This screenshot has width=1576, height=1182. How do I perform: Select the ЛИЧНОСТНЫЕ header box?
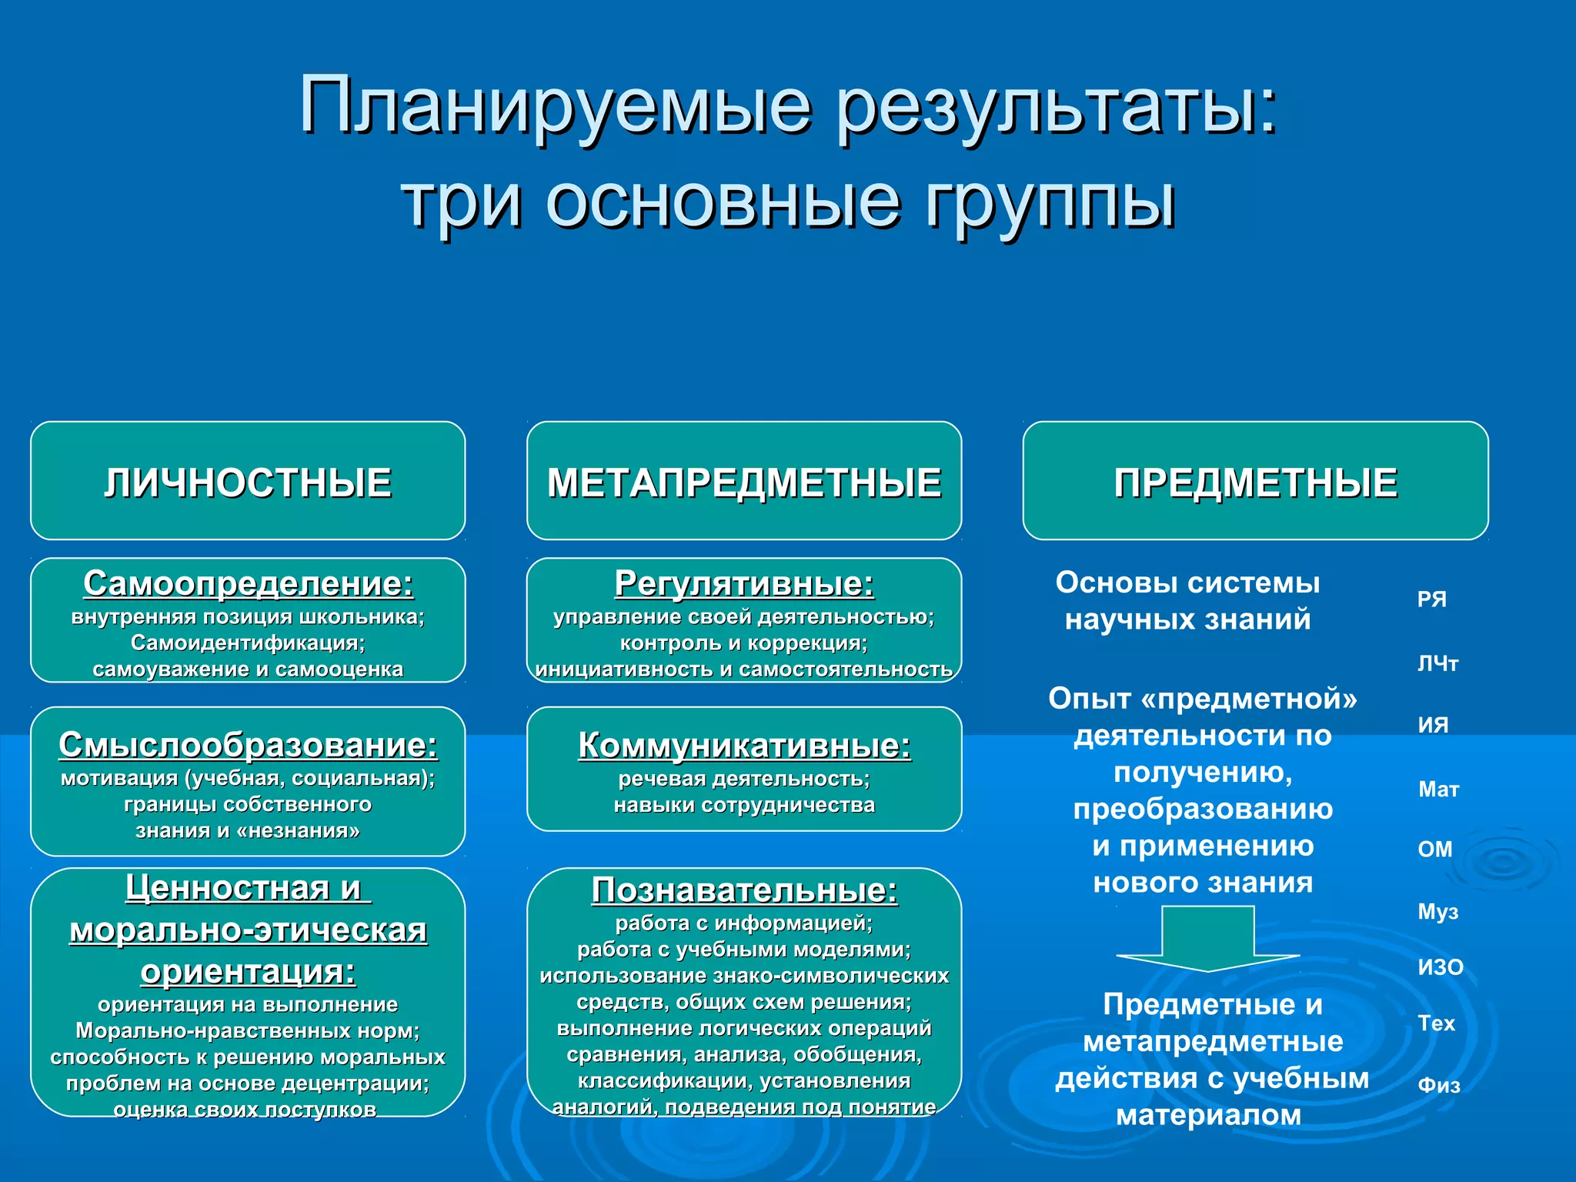pos(248,482)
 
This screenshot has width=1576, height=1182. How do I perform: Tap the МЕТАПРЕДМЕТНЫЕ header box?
pos(744,482)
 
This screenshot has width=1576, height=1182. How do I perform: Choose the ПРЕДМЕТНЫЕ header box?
pos(1255,482)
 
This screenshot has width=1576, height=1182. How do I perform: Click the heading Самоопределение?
pos(248,583)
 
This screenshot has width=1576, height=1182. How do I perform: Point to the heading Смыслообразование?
pos(248,744)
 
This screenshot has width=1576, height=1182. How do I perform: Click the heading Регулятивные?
pos(744,583)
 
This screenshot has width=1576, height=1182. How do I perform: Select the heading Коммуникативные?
pos(744,745)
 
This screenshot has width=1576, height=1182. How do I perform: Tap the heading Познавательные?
pos(744,890)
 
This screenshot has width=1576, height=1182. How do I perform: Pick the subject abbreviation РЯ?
pos(1431,599)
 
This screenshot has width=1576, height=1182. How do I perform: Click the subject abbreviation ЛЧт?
pos(1437,663)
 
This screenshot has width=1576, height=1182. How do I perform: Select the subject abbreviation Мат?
pos(1438,790)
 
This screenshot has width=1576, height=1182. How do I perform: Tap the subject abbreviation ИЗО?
pos(1441,967)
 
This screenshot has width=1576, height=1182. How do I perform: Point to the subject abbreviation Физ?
pos(1438,1086)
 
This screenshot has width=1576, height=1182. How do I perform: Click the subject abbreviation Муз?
pos(1437,912)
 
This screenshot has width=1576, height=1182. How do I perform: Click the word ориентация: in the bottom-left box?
pos(248,972)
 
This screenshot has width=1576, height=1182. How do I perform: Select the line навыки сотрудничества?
pos(744,805)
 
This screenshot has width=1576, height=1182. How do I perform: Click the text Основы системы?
pos(1187,583)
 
